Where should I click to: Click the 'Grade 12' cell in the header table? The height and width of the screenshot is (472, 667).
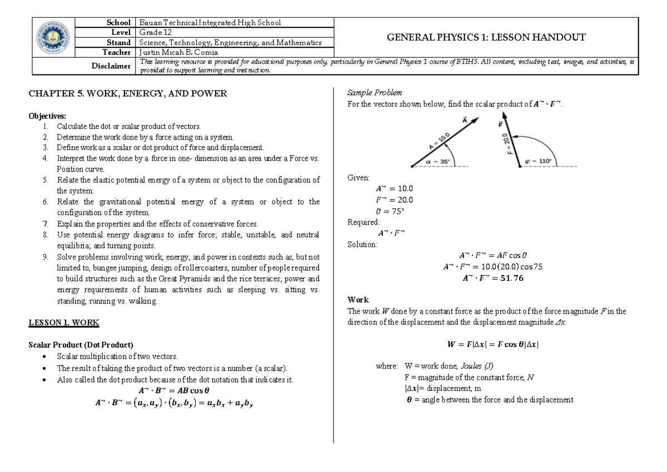153,33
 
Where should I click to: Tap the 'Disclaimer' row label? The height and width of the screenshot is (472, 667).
111,66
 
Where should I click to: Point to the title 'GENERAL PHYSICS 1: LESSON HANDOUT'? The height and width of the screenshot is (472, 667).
486,37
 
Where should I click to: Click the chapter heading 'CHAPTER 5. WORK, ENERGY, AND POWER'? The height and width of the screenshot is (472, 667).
128,93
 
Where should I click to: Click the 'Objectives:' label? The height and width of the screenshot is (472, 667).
47,116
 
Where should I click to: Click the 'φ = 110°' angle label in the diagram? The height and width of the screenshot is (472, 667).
538,161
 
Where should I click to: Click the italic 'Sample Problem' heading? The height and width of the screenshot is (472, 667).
367,92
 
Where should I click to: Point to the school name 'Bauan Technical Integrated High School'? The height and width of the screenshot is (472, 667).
210,23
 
